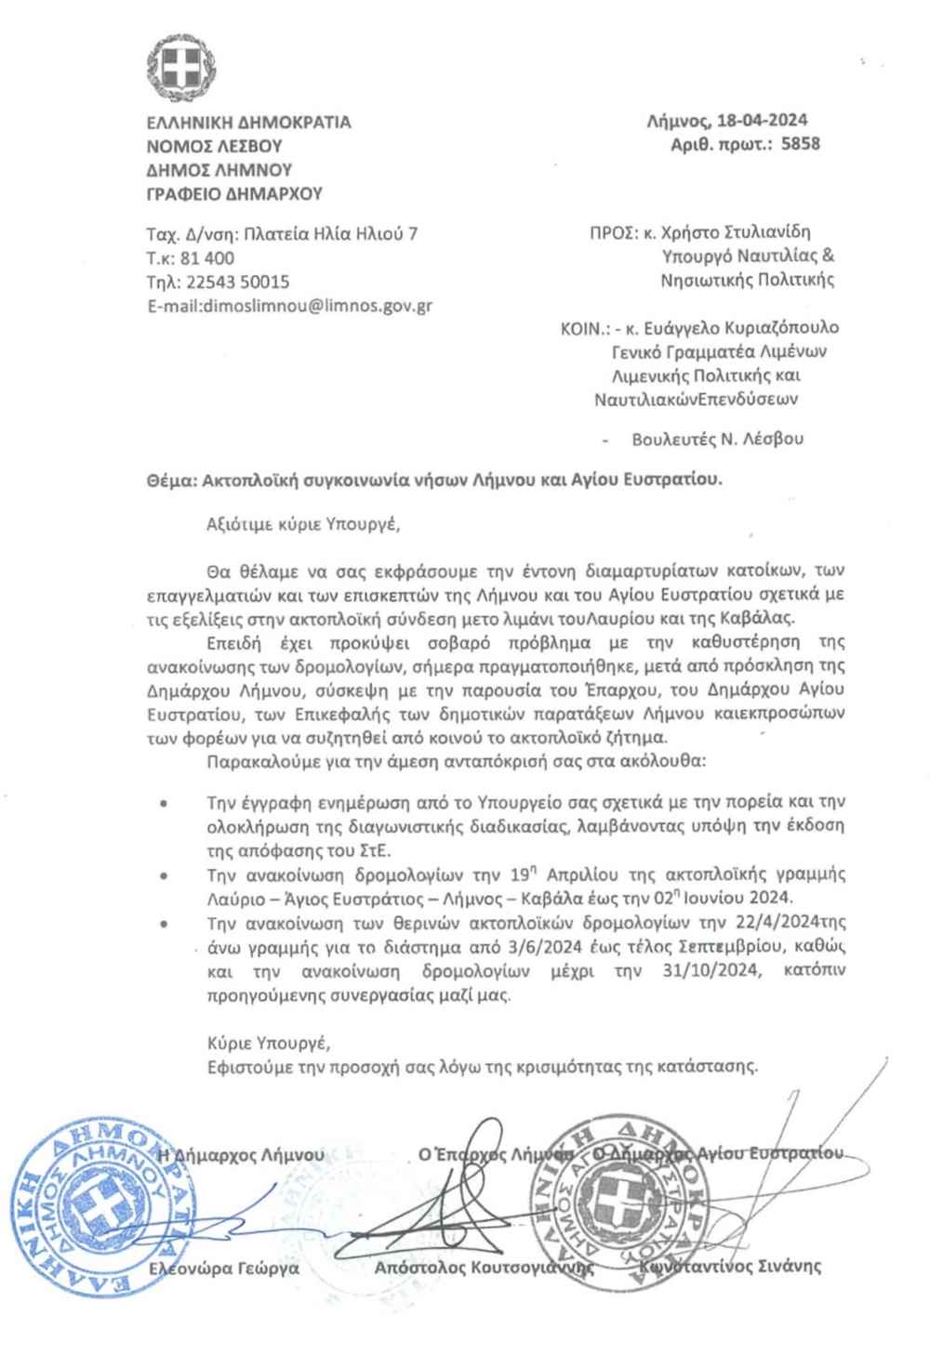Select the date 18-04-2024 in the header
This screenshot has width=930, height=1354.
762,121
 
